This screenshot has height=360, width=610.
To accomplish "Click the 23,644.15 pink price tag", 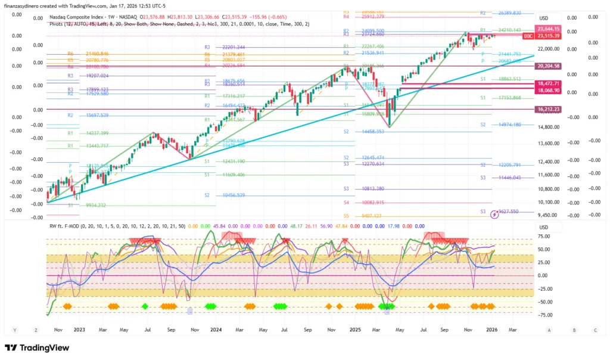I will (x=548, y=29).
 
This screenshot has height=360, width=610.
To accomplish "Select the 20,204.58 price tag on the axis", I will (x=548, y=66).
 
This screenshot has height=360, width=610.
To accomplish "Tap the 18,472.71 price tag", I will (x=548, y=83).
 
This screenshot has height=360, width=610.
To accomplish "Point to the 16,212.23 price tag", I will (x=548, y=110).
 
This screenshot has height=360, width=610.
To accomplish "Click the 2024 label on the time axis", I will (x=216, y=329).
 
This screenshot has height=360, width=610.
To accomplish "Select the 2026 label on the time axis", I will (x=492, y=329).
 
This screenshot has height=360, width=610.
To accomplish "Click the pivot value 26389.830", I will (x=509, y=13).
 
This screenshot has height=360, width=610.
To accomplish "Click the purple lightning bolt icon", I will (x=494, y=214).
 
